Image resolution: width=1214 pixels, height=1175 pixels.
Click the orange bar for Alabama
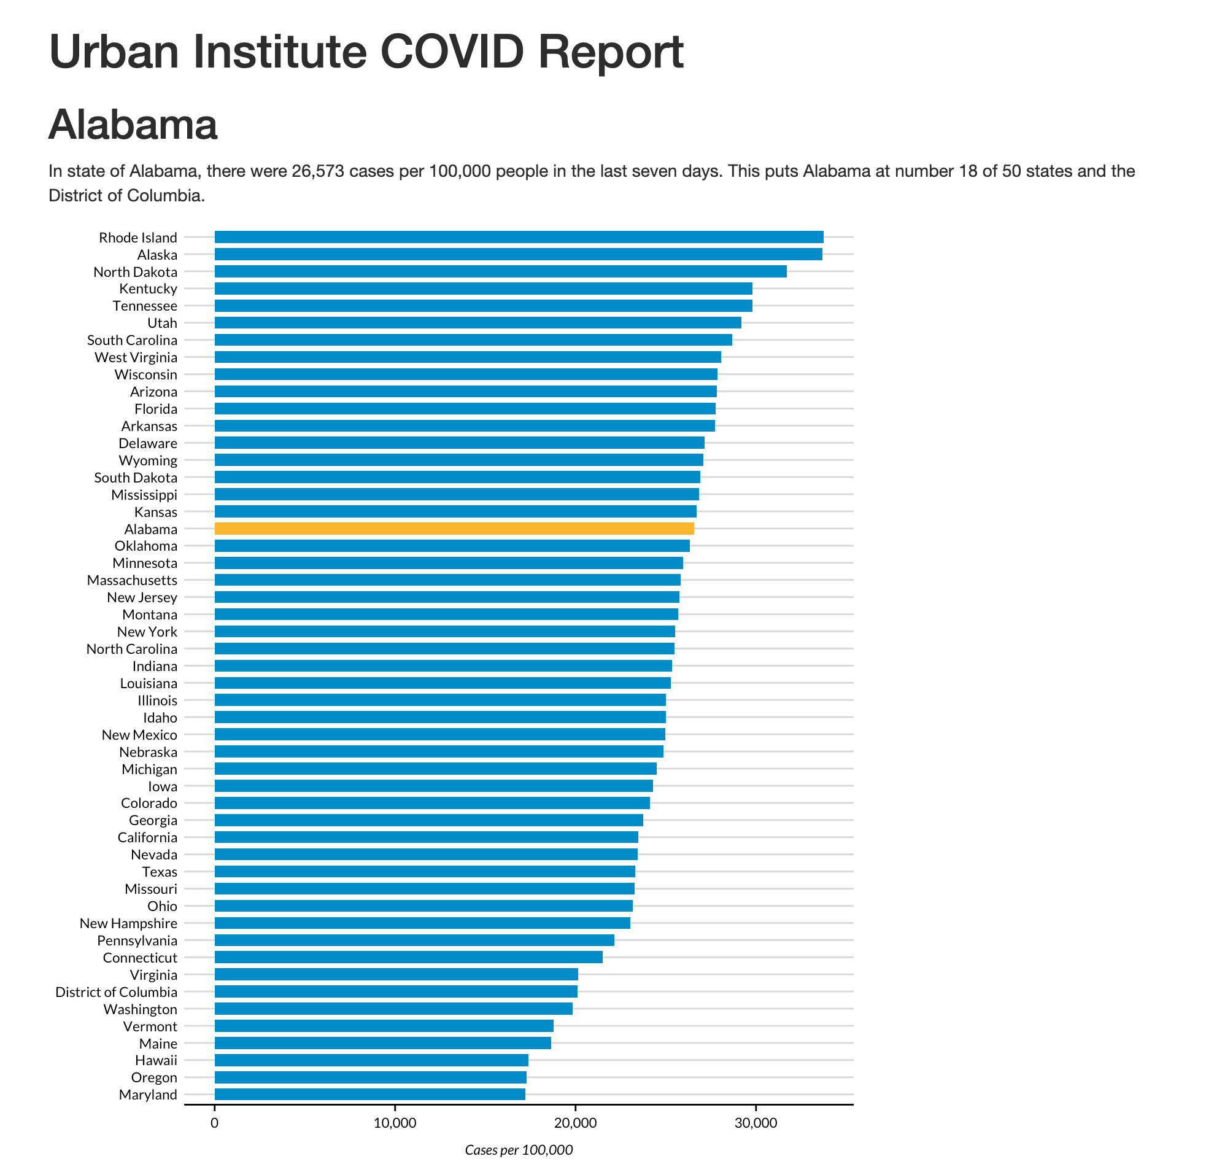tap(454, 529)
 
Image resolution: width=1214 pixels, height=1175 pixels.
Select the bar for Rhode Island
tap(519, 236)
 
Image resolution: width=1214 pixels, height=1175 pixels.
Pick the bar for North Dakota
tap(500, 271)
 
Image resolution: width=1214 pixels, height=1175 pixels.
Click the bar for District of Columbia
tap(396, 991)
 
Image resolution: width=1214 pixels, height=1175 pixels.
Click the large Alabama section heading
tap(133, 125)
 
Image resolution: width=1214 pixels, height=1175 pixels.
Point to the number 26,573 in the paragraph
tap(317, 171)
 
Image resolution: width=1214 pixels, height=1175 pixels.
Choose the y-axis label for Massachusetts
tap(132, 580)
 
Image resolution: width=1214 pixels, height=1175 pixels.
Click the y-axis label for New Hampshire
tap(128, 923)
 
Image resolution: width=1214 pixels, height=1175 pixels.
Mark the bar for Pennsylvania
tap(414, 940)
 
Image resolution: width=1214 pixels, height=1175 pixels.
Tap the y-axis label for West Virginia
tap(136, 357)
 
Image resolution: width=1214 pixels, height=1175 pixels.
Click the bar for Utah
tap(477, 323)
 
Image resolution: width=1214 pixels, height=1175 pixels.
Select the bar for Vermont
tap(384, 1026)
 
